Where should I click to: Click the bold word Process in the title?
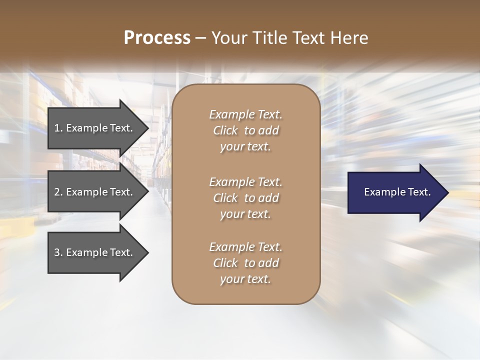click(157, 38)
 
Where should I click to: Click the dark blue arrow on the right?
click(395, 192)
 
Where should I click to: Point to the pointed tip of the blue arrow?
click(447, 192)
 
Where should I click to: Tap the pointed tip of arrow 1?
click(147, 128)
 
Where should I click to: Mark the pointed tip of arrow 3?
click(147, 252)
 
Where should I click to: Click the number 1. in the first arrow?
click(58, 128)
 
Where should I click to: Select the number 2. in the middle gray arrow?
click(58, 192)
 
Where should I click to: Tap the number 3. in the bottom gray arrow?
click(58, 252)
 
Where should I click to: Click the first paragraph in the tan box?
click(245, 130)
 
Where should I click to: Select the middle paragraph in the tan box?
click(245, 198)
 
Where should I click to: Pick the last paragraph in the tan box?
click(245, 263)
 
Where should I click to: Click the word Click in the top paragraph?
click(225, 130)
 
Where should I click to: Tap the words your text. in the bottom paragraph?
click(245, 279)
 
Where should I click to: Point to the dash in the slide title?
click(200, 38)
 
